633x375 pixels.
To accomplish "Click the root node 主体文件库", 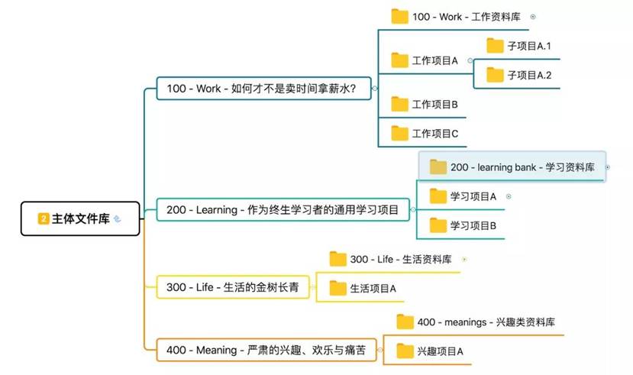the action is pyautogui.click(x=80, y=218).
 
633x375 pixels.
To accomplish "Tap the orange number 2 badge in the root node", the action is pyautogui.click(x=44, y=218).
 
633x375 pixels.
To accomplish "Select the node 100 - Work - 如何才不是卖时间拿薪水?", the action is pyautogui.click(x=263, y=89).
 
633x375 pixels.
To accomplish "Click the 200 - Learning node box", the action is pyautogui.click(x=283, y=209).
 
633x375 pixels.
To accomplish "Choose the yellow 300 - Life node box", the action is pyautogui.click(x=233, y=287).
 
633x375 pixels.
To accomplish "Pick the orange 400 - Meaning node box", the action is pyautogui.click(x=266, y=350).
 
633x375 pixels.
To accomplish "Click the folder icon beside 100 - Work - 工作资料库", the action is pyautogui.click(x=399, y=17).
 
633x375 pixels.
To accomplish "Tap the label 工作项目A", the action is pyautogui.click(x=434, y=60).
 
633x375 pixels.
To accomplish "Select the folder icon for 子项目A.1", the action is pyautogui.click(x=495, y=46).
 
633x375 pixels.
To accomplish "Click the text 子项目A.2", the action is pyautogui.click(x=529, y=75).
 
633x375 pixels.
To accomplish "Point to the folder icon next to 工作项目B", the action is pyautogui.click(x=399, y=104).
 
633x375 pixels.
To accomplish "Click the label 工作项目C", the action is pyautogui.click(x=434, y=134).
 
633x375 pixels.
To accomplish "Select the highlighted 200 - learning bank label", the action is pyautogui.click(x=522, y=167).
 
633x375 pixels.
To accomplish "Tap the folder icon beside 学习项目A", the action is pyautogui.click(x=438, y=196).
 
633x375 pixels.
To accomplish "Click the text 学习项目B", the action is pyautogui.click(x=473, y=225).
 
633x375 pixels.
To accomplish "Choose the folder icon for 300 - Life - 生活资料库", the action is pyautogui.click(x=338, y=259).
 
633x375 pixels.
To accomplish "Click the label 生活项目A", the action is pyautogui.click(x=373, y=288).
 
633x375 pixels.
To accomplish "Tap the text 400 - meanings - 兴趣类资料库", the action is pyautogui.click(x=486, y=322).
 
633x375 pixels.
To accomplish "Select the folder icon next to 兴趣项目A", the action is pyautogui.click(x=405, y=351).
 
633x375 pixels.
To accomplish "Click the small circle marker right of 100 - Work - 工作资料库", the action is pyautogui.click(x=533, y=17).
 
